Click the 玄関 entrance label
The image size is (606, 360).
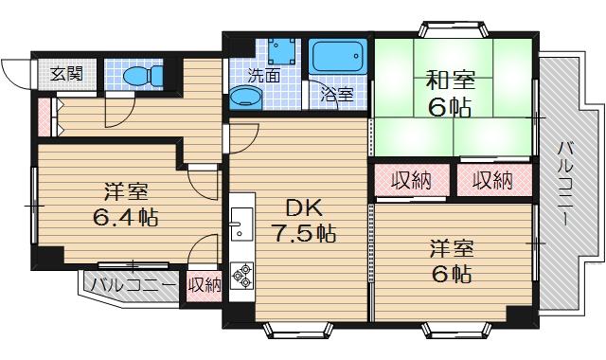[x=66, y=73]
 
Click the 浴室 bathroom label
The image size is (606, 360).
[x=336, y=94]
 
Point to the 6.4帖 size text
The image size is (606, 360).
[x=124, y=217]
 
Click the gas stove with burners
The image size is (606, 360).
[x=241, y=274]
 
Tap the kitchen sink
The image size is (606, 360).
[x=241, y=226]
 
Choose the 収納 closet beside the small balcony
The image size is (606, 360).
[x=205, y=284]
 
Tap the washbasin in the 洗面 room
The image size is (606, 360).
[x=241, y=99]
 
